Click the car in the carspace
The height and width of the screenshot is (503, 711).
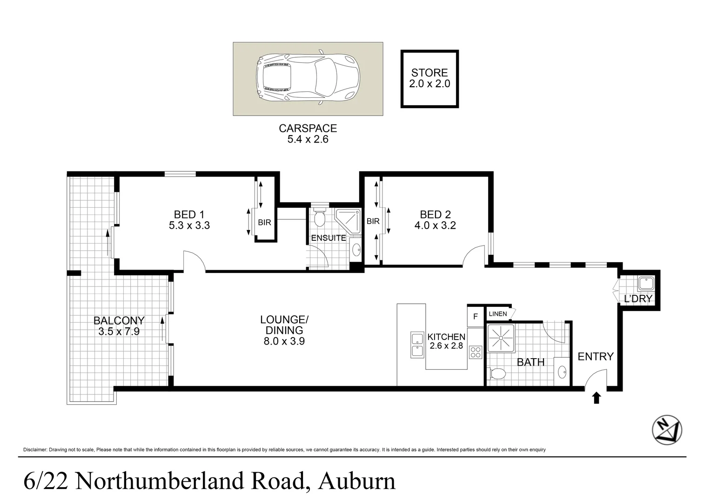[x=308, y=78]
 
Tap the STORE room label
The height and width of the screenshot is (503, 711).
[x=429, y=73]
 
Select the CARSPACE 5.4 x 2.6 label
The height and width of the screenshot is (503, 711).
[x=308, y=134]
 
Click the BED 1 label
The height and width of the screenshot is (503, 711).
[x=189, y=215]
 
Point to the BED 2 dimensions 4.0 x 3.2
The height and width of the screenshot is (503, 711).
[x=435, y=225]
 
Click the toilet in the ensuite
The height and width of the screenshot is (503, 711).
[x=319, y=218]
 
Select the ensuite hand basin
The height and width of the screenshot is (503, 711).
[x=356, y=251]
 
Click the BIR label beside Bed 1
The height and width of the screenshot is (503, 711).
[x=265, y=223]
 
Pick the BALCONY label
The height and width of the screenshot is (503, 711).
[x=119, y=320]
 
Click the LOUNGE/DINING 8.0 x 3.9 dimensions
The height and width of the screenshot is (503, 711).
[x=284, y=341]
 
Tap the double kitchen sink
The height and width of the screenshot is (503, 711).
[x=417, y=345]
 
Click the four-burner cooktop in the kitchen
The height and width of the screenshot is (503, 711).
[x=475, y=352]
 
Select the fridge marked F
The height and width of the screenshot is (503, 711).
[x=475, y=316]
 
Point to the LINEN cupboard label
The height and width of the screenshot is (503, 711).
[x=498, y=314]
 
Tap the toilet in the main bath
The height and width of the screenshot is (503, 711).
[x=496, y=374]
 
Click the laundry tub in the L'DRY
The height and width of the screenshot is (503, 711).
[x=646, y=284]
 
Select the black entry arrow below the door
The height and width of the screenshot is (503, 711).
[x=597, y=398]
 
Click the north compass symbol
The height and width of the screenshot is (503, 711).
[x=667, y=430]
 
